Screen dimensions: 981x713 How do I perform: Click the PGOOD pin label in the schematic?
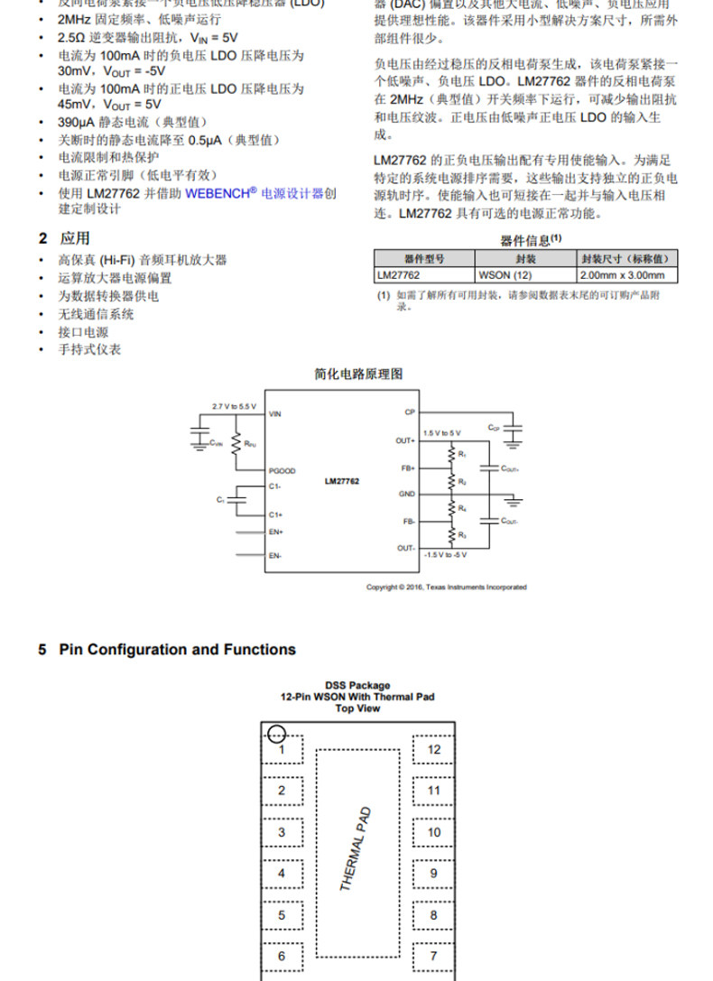[x=282, y=471]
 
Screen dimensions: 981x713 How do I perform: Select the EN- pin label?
[x=275, y=555]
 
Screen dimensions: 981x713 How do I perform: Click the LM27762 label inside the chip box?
[x=342, y=482]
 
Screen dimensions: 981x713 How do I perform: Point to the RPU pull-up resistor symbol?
[x=236, y=443]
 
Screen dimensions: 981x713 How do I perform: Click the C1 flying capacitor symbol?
[x=236, y=500]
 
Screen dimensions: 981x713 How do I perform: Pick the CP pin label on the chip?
[x=410, y=412]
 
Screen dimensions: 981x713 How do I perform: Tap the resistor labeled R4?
[x=450, y=510]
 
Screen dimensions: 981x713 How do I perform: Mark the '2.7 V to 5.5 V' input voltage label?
[x=234, y=405]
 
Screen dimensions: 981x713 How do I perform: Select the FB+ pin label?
[x=408, y=468]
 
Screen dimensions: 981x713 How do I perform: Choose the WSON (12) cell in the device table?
[x=499, y=275]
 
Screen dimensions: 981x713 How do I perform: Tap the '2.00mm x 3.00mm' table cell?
[x=623, y=275]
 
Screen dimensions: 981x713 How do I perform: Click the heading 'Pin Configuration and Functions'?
[x=177, y=650]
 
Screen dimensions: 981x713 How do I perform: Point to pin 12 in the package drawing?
[x=434, y=749]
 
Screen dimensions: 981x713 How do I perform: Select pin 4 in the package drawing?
[x=282, y=874]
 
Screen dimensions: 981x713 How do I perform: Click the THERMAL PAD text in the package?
[x=356, y=848]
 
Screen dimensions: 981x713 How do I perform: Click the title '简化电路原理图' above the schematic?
[x=358, y=374]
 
